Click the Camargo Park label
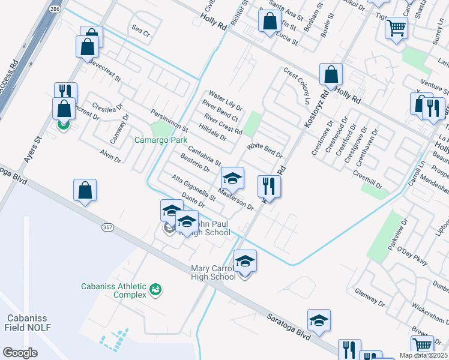point(160,140)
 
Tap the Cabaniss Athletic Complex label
point(114,290)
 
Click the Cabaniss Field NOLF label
point(28,322)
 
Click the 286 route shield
point(55,10)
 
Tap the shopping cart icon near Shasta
point(396,27)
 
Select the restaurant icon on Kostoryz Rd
point(269,186)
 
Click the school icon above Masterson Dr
point(232,178)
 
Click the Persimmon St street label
point(170,121)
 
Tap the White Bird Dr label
point(265,150)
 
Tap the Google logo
point(20,353)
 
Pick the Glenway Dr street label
point(369,296)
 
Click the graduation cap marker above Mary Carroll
point(244,261)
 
